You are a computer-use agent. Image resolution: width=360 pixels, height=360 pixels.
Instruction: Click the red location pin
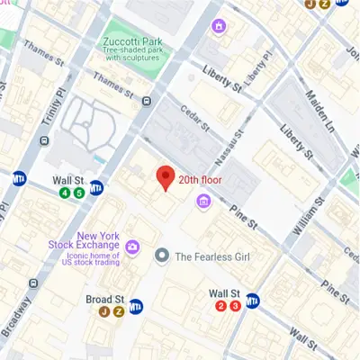pos(165,177)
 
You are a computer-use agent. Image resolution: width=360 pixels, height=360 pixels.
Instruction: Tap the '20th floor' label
pos(200,180)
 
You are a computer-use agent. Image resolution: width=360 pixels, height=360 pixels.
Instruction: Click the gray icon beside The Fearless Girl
pos(162,256)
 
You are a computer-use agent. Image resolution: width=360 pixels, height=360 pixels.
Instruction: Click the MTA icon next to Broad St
pos(137,306)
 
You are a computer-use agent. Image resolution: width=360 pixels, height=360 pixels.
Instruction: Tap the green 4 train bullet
pos(65,193)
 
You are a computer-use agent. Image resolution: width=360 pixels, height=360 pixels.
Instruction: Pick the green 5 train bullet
pos(79,193)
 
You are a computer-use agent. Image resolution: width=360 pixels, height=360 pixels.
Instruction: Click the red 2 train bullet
pos(220,306)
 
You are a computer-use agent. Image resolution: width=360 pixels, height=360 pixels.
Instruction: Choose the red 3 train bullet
pos(235,306)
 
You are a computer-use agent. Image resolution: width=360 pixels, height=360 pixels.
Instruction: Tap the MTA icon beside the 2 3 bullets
pos(255,301)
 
